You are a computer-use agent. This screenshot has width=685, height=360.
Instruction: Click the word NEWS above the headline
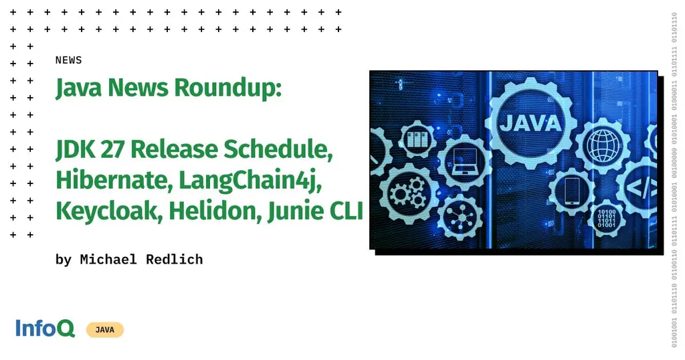[68, 60]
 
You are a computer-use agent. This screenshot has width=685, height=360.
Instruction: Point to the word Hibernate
[113, 180]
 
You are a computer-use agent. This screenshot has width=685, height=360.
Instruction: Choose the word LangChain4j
[247, 180]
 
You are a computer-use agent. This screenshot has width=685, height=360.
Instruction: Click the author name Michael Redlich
[141, 260]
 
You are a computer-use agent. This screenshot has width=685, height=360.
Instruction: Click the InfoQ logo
[45, 329]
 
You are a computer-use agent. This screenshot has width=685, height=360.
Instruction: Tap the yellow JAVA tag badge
[104, 330]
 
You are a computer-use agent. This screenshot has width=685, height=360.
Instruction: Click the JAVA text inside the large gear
[530, 123]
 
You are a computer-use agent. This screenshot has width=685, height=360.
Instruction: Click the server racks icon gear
[417, 141]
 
